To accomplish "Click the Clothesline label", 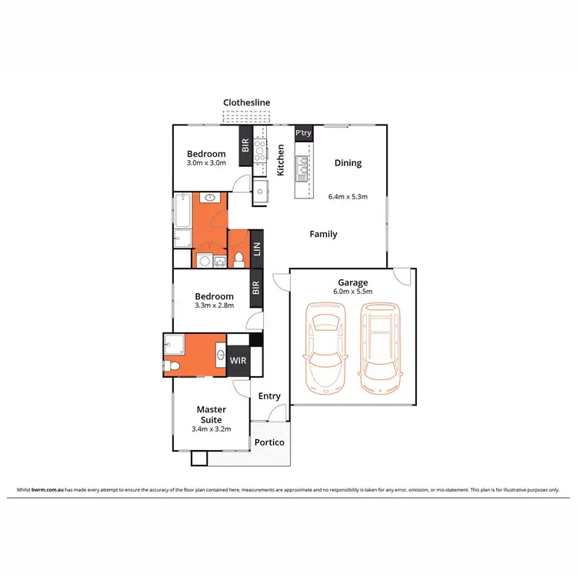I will tap(246, 102).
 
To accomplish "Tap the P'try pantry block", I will tap(303, 133).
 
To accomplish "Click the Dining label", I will tap(348, 163).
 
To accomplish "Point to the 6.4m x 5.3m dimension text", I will tap(348, 196).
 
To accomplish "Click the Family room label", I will tap(323, 234).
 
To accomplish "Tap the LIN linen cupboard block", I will tap(257, 248).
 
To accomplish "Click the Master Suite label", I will tap(211, 415).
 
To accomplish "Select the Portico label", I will tap(269, 442).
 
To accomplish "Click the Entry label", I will tap(269, 396).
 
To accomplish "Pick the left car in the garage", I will tap(323, 342).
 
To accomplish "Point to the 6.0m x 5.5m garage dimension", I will tap(353, 292).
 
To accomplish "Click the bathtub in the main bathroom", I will tap(182, 209).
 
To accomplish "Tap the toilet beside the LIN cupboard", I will tap(239, 257).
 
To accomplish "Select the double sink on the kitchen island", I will tap(301, 163).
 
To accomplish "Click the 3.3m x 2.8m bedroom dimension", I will tap(214, 306).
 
